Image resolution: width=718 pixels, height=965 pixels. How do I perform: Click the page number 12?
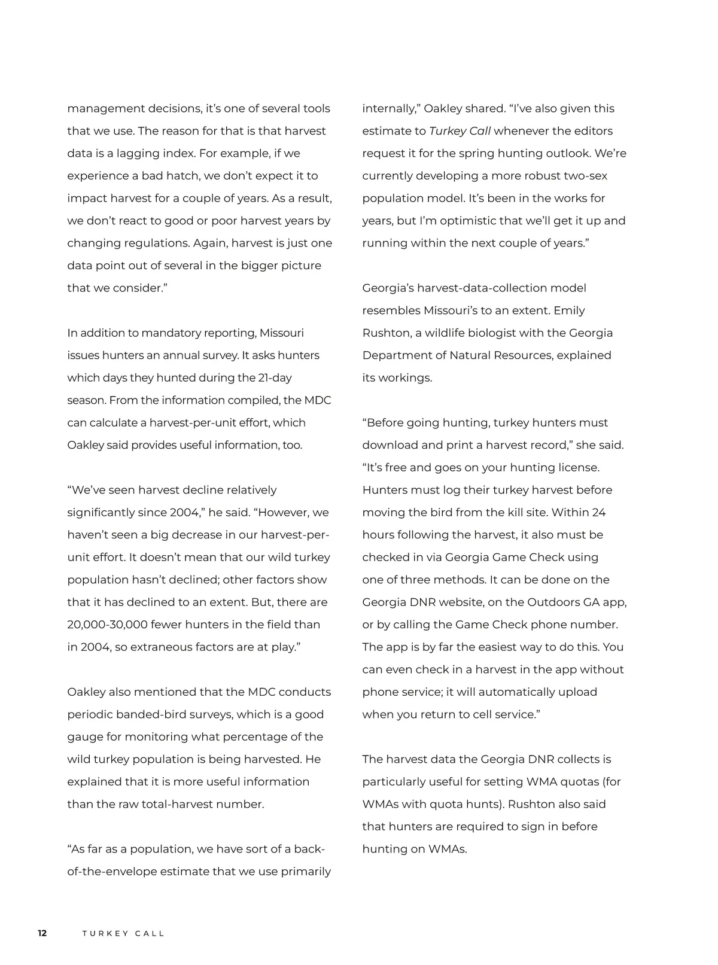point(42,933)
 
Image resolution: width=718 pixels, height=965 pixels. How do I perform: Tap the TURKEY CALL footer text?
point(123,933)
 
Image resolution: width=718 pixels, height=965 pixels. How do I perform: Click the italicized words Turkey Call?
point(460,131)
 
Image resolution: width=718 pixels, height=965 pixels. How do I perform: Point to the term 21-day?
point(275,378)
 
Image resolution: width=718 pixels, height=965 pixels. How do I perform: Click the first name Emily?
point(569,310)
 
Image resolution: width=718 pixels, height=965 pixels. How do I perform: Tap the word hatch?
point(180,176)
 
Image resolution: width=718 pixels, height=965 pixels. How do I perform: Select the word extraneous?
point(162,647)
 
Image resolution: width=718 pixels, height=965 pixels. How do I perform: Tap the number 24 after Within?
point(598,512)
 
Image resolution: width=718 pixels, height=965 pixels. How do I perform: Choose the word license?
point(577,467)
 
